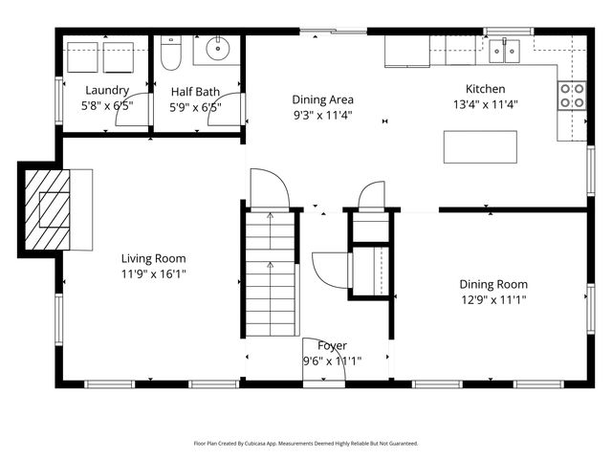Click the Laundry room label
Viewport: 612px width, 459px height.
[100, 91]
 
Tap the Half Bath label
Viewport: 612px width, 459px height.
[196, 92]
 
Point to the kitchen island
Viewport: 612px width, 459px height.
[480, 146]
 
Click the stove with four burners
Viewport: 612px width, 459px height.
[571, 96]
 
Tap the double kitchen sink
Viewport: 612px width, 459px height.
[504, 50]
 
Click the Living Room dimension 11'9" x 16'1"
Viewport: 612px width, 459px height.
[153, 273]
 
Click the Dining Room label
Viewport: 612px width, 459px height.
[493, 284]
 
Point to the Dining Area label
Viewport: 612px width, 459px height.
[323, 99]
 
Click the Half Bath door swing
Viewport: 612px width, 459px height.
[233, 108]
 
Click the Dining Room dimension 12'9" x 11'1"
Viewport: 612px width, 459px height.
[493, 299]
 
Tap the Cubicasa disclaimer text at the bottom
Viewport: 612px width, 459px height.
[306, 444]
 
